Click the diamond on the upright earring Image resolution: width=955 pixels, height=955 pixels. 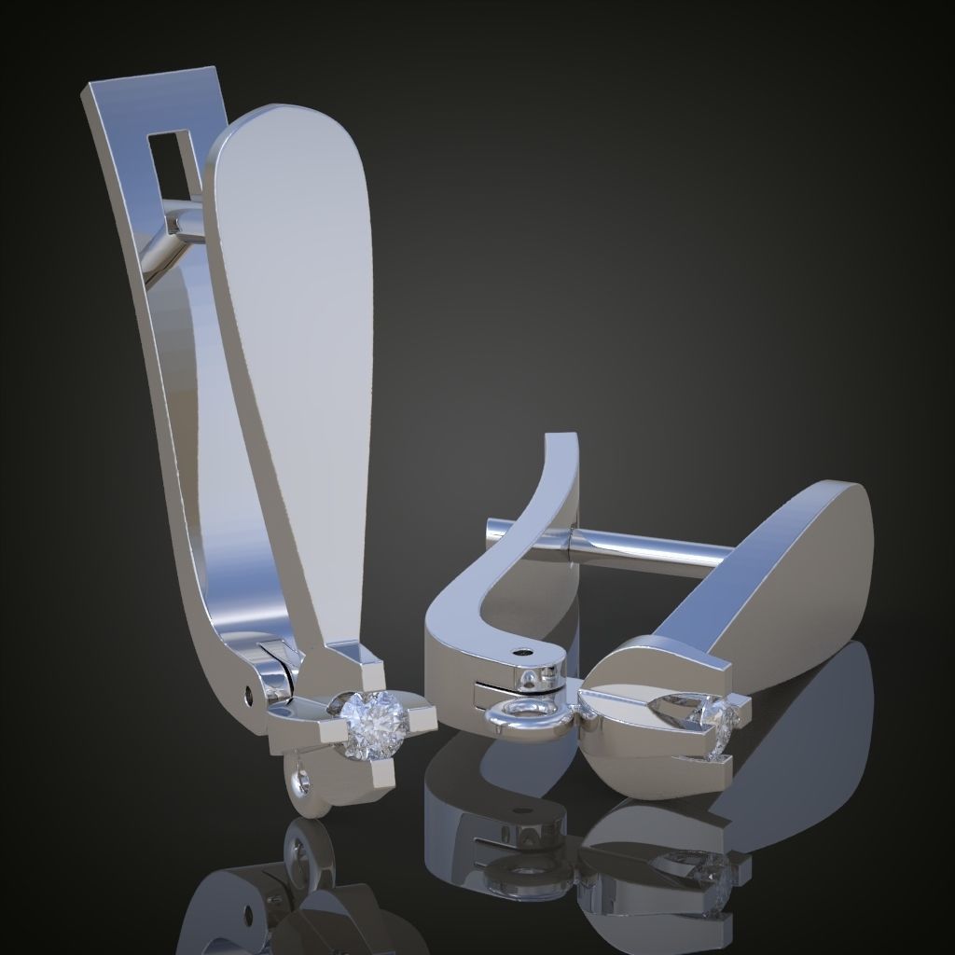pos(372,719)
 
